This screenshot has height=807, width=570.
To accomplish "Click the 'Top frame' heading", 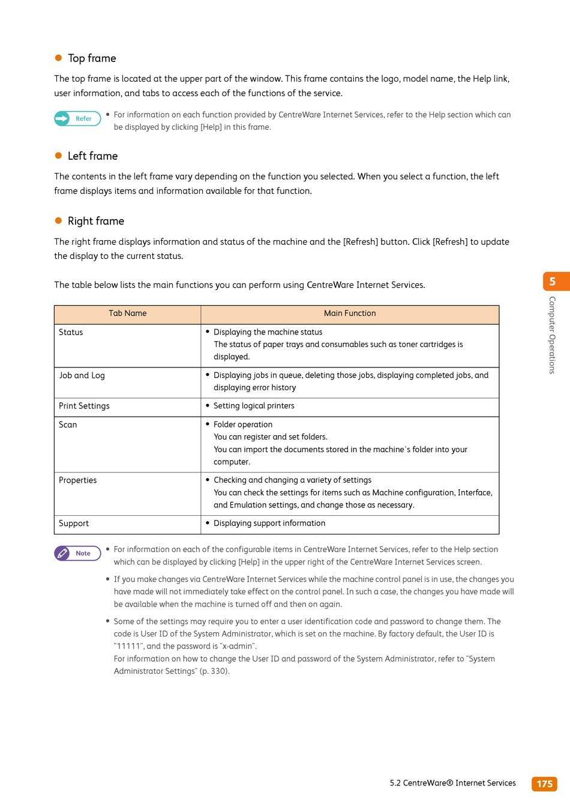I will tap(92, 58).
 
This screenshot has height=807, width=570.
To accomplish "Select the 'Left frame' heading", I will tap(92, 156).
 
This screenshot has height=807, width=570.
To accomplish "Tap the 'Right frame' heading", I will tap(95, 221).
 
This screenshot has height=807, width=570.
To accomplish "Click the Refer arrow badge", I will tap(77, 119).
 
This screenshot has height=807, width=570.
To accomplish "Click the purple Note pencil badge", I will tap(77, 554).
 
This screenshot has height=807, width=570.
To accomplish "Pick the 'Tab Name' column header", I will tap(127, 313).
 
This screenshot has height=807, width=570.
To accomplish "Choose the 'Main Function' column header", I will tap(350, 313).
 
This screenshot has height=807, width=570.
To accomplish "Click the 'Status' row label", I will tap(71, 333).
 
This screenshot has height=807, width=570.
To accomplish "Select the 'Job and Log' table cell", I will tap(82, 376).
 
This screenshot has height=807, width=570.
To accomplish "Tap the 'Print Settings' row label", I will tap(84, 407).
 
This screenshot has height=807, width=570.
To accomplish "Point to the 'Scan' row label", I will tap(68, 425).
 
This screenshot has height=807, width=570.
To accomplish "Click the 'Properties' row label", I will tap(77, 480).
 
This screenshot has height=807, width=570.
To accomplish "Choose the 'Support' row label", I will tap(74, 524).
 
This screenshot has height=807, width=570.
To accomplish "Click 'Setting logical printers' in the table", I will tap(254, 406).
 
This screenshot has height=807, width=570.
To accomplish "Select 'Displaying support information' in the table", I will tap(269, 524).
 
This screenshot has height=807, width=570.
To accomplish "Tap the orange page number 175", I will tap(544, 784).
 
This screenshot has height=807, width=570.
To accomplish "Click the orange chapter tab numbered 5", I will tap(553, 282).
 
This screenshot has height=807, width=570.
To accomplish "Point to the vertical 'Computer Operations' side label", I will tap(552, 335).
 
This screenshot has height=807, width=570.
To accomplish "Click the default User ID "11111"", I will tap(128, 646).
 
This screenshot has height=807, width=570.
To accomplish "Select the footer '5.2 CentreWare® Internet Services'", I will tap(452, 783).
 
